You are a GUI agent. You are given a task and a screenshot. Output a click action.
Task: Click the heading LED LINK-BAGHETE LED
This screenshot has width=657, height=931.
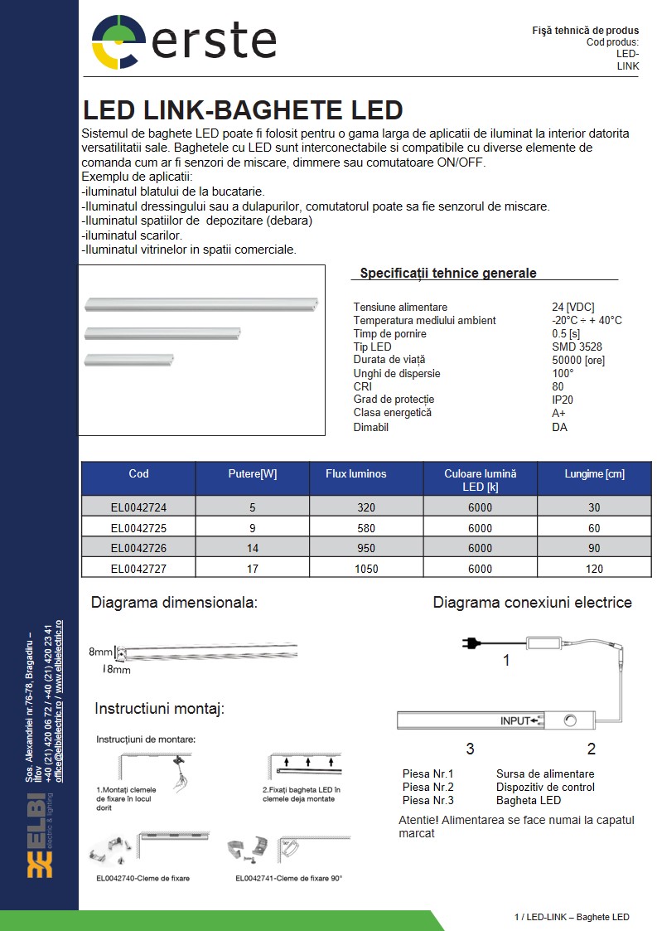pos(243,111)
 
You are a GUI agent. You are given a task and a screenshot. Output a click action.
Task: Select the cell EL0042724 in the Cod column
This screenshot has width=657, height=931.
pos(138,507)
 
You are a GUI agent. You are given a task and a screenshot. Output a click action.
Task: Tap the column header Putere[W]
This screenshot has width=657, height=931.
pos(253,474)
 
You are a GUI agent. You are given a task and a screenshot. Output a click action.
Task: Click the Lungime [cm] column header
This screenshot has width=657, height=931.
pos(594,474)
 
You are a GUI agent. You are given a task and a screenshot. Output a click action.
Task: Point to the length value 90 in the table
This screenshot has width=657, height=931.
pos(593,548)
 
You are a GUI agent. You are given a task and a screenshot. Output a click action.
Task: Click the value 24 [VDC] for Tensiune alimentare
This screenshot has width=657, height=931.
pos(572,307)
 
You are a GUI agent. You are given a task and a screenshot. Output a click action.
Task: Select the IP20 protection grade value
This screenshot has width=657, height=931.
pos(563,400)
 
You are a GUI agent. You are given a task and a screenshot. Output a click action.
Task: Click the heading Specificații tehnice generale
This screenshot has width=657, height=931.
pos(448,274)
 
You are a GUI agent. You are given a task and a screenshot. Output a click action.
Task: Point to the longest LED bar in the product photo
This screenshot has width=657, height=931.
pos(202,303)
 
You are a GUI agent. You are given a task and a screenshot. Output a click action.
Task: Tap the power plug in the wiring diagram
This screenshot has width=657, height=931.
pos(467,641)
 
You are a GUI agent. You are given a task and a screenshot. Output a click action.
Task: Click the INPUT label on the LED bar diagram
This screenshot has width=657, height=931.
pos(514,720)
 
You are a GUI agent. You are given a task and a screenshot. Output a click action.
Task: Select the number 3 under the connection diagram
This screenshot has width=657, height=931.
pos(470,749)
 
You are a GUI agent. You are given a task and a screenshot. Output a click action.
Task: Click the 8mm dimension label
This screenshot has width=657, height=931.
pos(100,652)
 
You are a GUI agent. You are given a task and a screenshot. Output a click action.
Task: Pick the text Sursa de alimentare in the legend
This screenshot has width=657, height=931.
pos(544,774)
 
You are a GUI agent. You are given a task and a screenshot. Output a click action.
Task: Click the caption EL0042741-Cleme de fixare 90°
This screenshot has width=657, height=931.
pos(288,878)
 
